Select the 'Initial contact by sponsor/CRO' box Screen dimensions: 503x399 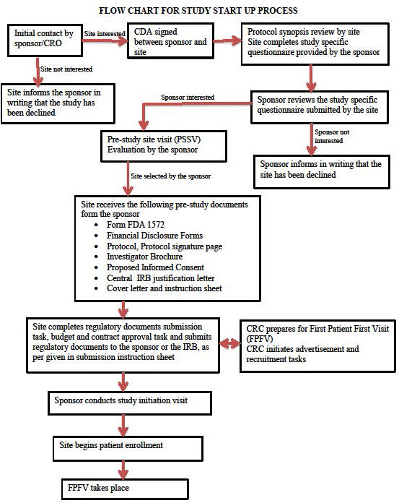[x=43, y=38]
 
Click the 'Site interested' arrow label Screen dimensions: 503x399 [x=104, y=33]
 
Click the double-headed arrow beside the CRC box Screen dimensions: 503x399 [x=229, y=343]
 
